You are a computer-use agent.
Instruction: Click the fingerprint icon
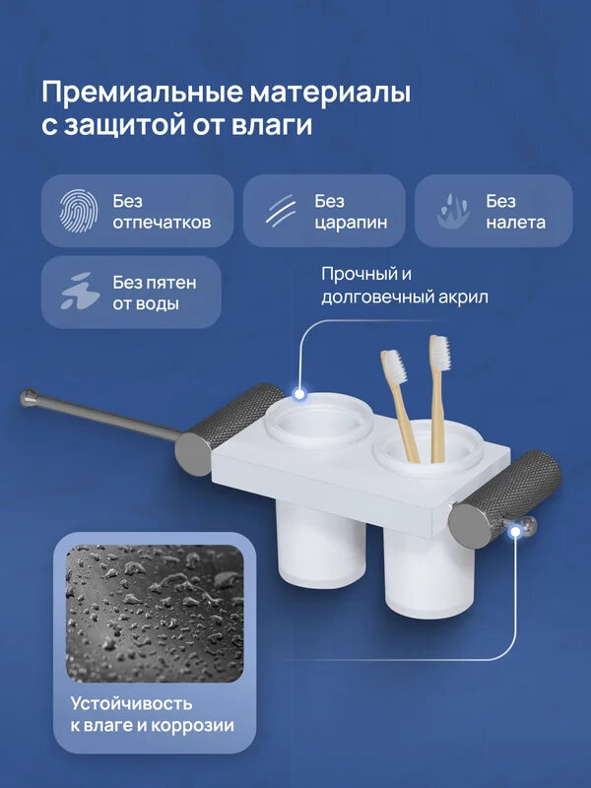(x=79, y=210)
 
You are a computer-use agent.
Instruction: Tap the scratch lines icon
(x=281, y=210)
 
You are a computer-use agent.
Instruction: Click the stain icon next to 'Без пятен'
(x=79, y=292)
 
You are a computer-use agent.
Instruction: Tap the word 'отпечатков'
(x=162, y=223)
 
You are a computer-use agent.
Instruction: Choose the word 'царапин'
(x=351, y=223)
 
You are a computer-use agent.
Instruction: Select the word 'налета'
(x=515, y=223)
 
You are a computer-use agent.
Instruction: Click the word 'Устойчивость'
(x=131, y=703)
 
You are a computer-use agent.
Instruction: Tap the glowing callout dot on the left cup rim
(x=300, y=396)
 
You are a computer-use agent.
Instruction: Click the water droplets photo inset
(x=155, y=613)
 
